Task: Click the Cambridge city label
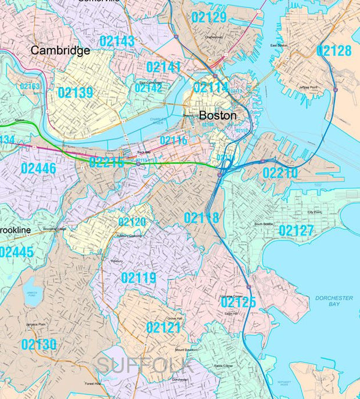pos(60,50)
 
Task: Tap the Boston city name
pos(218,115)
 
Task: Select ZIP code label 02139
pos(75,93)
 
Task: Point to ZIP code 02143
pos(117,41)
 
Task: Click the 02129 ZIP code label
pos(208,17)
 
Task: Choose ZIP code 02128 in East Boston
pos(334,51)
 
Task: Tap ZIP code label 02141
pos(163,67)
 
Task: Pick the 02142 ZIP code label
pos(148,88)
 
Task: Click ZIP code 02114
pos(211,88)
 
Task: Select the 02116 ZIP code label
pos(173,140)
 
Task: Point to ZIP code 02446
pos(38,169)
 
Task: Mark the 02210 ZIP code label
pos(280,173)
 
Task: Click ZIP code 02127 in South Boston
pos(296,231)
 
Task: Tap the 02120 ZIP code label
pos(132,222)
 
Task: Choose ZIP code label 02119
pos(138,278)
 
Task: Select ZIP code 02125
pos(238,302)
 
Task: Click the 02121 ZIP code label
pos(163,328)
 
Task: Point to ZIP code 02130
pos(39,345)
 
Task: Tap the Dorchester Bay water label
pos(334,301)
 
